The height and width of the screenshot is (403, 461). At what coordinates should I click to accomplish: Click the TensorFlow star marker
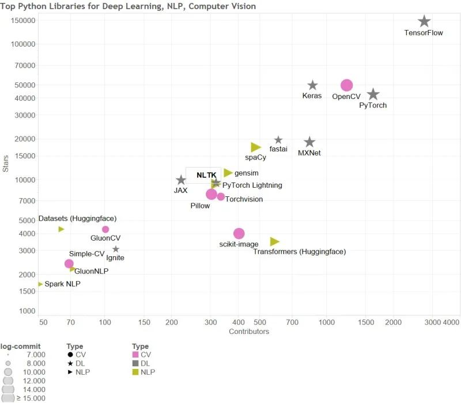(x=424, y=21)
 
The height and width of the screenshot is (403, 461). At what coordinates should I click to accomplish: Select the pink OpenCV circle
(x=346, y=85)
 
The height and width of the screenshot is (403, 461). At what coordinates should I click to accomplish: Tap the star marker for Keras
(x=312, y=85)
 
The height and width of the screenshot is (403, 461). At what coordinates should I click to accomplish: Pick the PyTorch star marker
(x=373, y=94)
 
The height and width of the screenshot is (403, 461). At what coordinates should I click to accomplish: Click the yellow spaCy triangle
(x=256, y=147)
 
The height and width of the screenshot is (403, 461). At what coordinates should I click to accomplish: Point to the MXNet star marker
(x=309, y=142)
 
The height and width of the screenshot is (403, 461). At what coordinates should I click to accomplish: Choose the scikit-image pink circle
(x=239, y=233)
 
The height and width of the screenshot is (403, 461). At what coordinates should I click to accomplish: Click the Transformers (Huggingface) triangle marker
(x=274, y=241)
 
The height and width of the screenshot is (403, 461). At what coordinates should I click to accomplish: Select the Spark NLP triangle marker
(x=40, y=284)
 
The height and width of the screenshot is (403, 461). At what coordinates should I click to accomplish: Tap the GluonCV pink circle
(x=105, y=229)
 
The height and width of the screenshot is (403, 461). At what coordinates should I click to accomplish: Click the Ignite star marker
(x=116, y=249)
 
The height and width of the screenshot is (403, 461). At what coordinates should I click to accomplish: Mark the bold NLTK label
(x=206, y=175)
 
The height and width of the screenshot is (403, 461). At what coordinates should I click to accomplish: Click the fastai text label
(x=278, y=149)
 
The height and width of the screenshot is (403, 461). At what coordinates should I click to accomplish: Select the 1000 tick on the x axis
(x=326, y=322)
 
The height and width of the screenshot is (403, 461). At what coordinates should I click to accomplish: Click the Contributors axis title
(x=249, y=332)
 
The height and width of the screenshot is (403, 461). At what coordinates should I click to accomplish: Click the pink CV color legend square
(x=136, y=355)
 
